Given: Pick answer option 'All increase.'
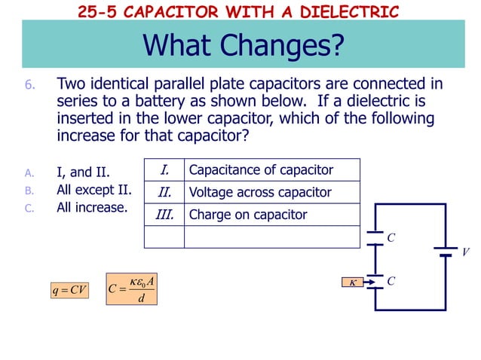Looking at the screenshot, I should [92, 207].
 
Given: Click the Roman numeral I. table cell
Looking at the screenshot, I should [164, 169].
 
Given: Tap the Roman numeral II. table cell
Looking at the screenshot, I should [164, 192].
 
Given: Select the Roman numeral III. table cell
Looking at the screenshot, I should [164, 215].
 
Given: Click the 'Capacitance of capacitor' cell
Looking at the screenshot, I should [261, 169].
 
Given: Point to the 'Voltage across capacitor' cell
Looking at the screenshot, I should [260, 192].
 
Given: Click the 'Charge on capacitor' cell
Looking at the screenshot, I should [248, 215].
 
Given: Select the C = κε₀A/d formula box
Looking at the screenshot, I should [132, 289].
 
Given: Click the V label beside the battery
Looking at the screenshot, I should [465, 253].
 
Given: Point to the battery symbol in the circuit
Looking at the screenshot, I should [445, 250].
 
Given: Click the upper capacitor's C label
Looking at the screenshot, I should [391, 238].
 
